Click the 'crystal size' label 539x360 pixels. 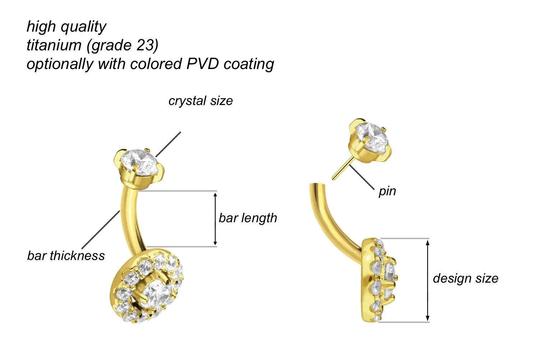(x=201, y=101)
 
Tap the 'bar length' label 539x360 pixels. (x=248, y=218)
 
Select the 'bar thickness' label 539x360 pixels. (x=66, y=256)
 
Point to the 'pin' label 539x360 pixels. (x=387, y=191)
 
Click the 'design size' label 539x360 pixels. (x=465, y=278)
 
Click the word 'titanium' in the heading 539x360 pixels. (x=54, y=45)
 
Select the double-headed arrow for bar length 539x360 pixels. (x=215, y=219)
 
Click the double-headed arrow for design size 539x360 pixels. (x=427, y=280)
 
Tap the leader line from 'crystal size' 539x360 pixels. (x=168, y=144)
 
